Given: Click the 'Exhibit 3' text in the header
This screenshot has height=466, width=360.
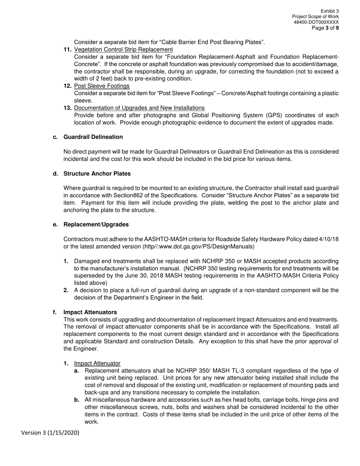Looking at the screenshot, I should point(329,11).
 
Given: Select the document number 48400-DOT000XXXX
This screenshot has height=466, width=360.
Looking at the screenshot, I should point(316,22).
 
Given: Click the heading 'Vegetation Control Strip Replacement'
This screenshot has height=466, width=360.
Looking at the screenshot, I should point(124,50).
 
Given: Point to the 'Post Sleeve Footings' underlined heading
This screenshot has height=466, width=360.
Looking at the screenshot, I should point(102,86).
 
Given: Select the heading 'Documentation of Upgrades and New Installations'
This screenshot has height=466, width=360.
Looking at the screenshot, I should point(139,108).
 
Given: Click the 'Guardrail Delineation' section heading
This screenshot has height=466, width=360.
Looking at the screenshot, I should point(93,137).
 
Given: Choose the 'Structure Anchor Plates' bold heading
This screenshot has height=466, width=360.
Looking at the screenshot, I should point(97,174).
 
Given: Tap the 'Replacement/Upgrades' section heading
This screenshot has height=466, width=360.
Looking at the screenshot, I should point(96,225).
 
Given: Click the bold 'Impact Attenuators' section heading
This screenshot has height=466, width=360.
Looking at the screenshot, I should point(90,312).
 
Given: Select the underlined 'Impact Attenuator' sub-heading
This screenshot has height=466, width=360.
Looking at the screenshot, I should point(97,363).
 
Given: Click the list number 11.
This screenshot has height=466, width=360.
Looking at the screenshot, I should point(67,50).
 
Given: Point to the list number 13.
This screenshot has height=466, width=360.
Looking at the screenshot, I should point(67,108).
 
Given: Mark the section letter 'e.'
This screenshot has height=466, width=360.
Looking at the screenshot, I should point(55,225).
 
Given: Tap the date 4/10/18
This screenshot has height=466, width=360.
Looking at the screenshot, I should point(328,239).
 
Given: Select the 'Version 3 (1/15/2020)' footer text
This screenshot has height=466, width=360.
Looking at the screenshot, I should point(50,433).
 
